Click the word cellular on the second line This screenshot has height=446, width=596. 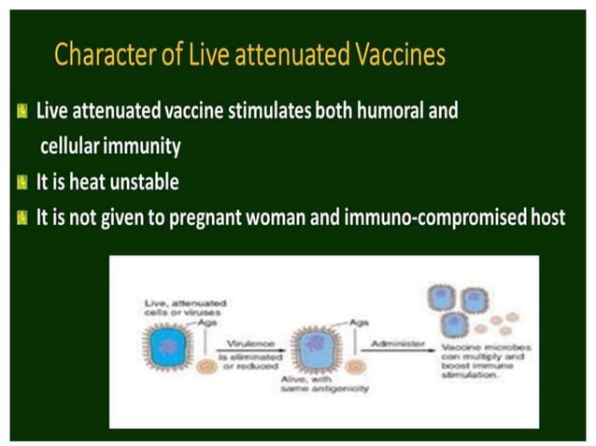pyautogui.click(x=73, y=146)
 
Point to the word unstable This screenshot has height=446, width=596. pyautogui.click(x=152, y=183)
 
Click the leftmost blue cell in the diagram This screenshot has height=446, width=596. pyautogui.click(x=167, y=344)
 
